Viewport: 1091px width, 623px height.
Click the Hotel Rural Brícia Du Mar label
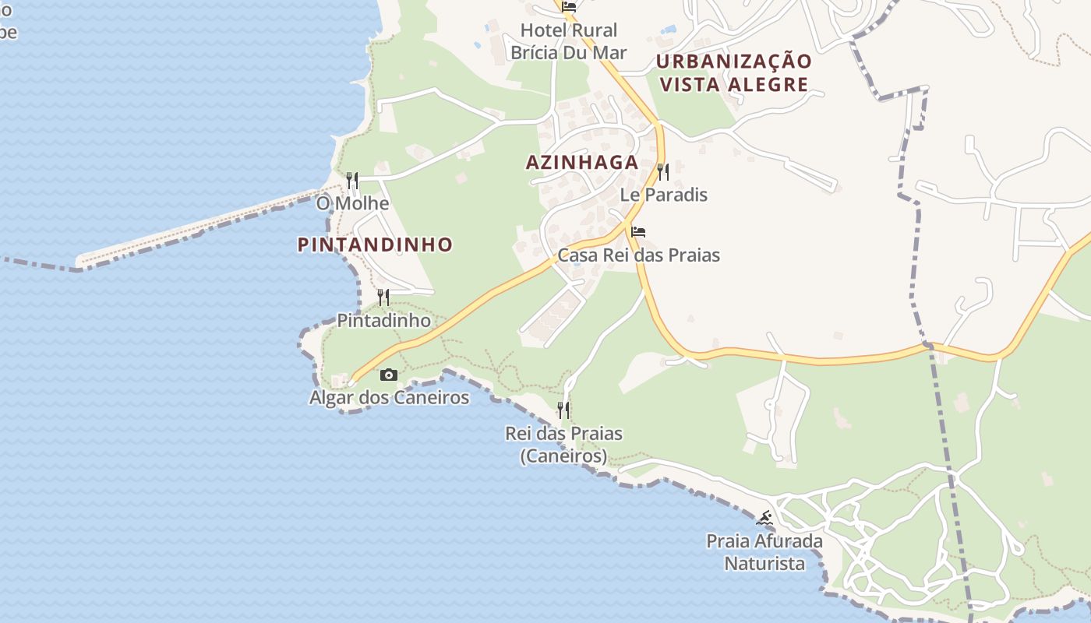click(x=568, y=41)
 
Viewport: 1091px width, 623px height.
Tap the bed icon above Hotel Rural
click(x=569, y=7)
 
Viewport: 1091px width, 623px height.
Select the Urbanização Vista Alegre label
click(x=733, y=72)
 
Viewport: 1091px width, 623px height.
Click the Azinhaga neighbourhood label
click(x=582, y=162)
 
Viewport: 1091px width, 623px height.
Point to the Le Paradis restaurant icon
click(x=663, y=171)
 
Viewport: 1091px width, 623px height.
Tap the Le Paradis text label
click(x=664, y=195)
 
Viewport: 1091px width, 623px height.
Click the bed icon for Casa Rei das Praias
click(x=638, y=232)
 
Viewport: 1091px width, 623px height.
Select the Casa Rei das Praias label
click(x=638, y=255)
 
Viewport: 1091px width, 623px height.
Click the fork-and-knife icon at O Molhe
click(x=352, y=181)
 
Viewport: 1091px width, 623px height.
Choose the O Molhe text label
click(x=352, y=204)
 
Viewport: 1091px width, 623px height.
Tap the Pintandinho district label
click(x=375, y=245)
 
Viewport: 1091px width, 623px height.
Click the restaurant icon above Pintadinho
click(x=383, y=297)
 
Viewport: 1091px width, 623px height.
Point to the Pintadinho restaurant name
click(x=383, y=320)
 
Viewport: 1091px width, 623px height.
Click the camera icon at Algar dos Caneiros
click(x=388, y=375)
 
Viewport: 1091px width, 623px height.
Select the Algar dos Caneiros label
click(x=389, y=398)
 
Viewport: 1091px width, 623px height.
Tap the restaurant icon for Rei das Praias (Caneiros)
click(x=563, y=410)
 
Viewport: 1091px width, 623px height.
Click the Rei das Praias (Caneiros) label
click(x=563, y=445)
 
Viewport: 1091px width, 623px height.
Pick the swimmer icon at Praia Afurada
click(x=764, y=518)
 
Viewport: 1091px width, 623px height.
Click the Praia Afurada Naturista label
click(x=764, y=551)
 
